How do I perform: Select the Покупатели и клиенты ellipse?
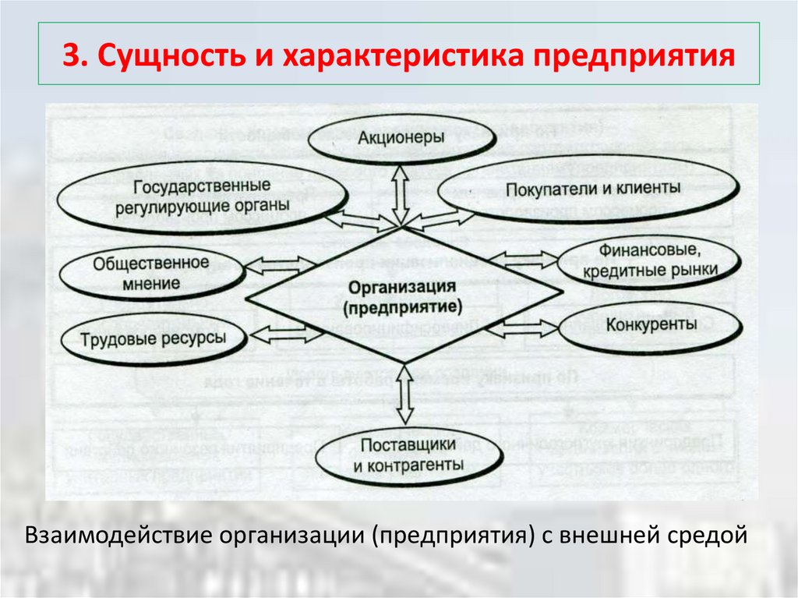pos(592,189)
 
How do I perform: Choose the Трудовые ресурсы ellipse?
pos(153,338)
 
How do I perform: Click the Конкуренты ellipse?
pos(640,325)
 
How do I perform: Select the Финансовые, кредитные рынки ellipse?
pos(649,262)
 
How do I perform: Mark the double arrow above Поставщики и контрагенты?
pos(404,395)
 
